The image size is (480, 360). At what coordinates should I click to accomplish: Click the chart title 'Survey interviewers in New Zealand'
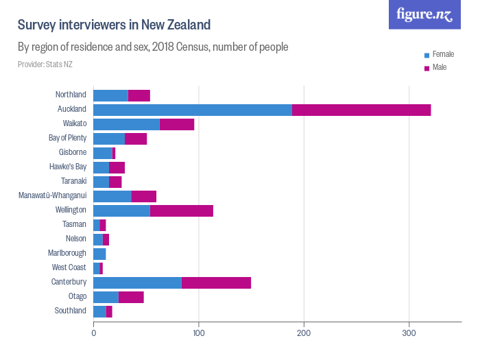tap(114, 25)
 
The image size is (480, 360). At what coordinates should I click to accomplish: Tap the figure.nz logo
tap(424, 14)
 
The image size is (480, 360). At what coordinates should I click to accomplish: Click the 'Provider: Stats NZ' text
tap(45, 64)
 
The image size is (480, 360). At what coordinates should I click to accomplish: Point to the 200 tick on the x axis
tap(304, 334)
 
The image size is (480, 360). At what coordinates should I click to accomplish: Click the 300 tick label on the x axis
tap(409, 334)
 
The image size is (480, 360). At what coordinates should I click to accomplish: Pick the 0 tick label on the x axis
tap(93, 334)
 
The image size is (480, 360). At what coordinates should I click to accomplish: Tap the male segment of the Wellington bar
tap(182, 211)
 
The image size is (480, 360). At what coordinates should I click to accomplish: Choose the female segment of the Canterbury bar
tap(137, 283)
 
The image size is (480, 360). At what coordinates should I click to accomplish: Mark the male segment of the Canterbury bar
tap(216, 283)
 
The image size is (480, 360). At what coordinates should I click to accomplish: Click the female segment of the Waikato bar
tap(126, 124)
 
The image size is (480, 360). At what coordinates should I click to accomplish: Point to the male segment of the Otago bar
tap(131, 297)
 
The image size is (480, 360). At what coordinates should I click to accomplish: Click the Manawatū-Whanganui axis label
tap(52, 196)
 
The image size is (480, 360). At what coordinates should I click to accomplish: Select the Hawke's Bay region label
tap(68, 167)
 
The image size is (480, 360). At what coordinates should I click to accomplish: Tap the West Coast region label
tap(69, 268)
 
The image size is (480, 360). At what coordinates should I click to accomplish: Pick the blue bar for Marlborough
tap(99, 254)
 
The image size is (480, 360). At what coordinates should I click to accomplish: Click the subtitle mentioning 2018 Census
tap(153, 47)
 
